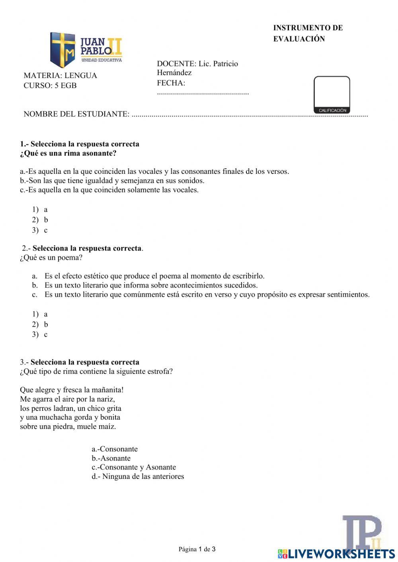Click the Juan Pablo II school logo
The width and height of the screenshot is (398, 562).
[x=86, y=49]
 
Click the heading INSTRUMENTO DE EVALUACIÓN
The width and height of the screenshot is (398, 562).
[x=307, y=33]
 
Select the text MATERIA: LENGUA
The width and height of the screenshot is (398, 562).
[x=60, y=76]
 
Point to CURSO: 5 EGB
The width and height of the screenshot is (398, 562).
[x=50, y=86]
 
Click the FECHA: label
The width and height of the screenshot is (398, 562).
[x=171, y=83]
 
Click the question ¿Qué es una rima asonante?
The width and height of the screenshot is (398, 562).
[x=68, y=153]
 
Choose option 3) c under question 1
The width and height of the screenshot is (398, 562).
[x=40, y=230]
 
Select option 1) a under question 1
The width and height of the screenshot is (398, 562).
[x=40, y=210]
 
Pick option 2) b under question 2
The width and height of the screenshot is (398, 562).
[x=40, y=325]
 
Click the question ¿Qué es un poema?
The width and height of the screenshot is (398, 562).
[x=51, y=257]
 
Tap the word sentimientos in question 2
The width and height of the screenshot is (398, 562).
[x=348, y=295]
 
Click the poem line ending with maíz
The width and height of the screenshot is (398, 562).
[x=68, y=427]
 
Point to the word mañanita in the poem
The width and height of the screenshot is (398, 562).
[x=107, y=390]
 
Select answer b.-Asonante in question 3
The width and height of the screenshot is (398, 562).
[x=111, y=458]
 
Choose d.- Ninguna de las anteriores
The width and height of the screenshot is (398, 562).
[x=138, y=476]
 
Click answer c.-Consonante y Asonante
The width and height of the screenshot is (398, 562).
[x=134, y=467]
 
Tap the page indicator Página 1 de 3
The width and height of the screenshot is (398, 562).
[x=197, y=549]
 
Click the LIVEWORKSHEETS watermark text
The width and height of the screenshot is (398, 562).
[x=341, y=554]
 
